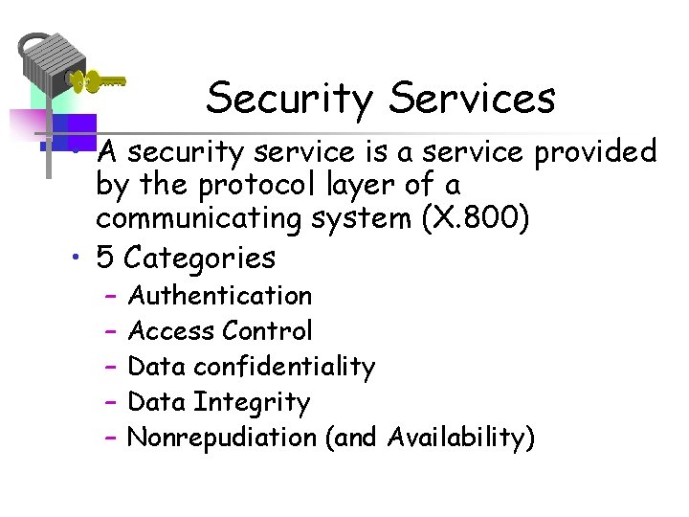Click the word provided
(594, 151)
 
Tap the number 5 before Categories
(105, 258)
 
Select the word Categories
(200, 258)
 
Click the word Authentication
(220, 296)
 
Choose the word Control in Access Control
(267, 331)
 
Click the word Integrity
(252, 403)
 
